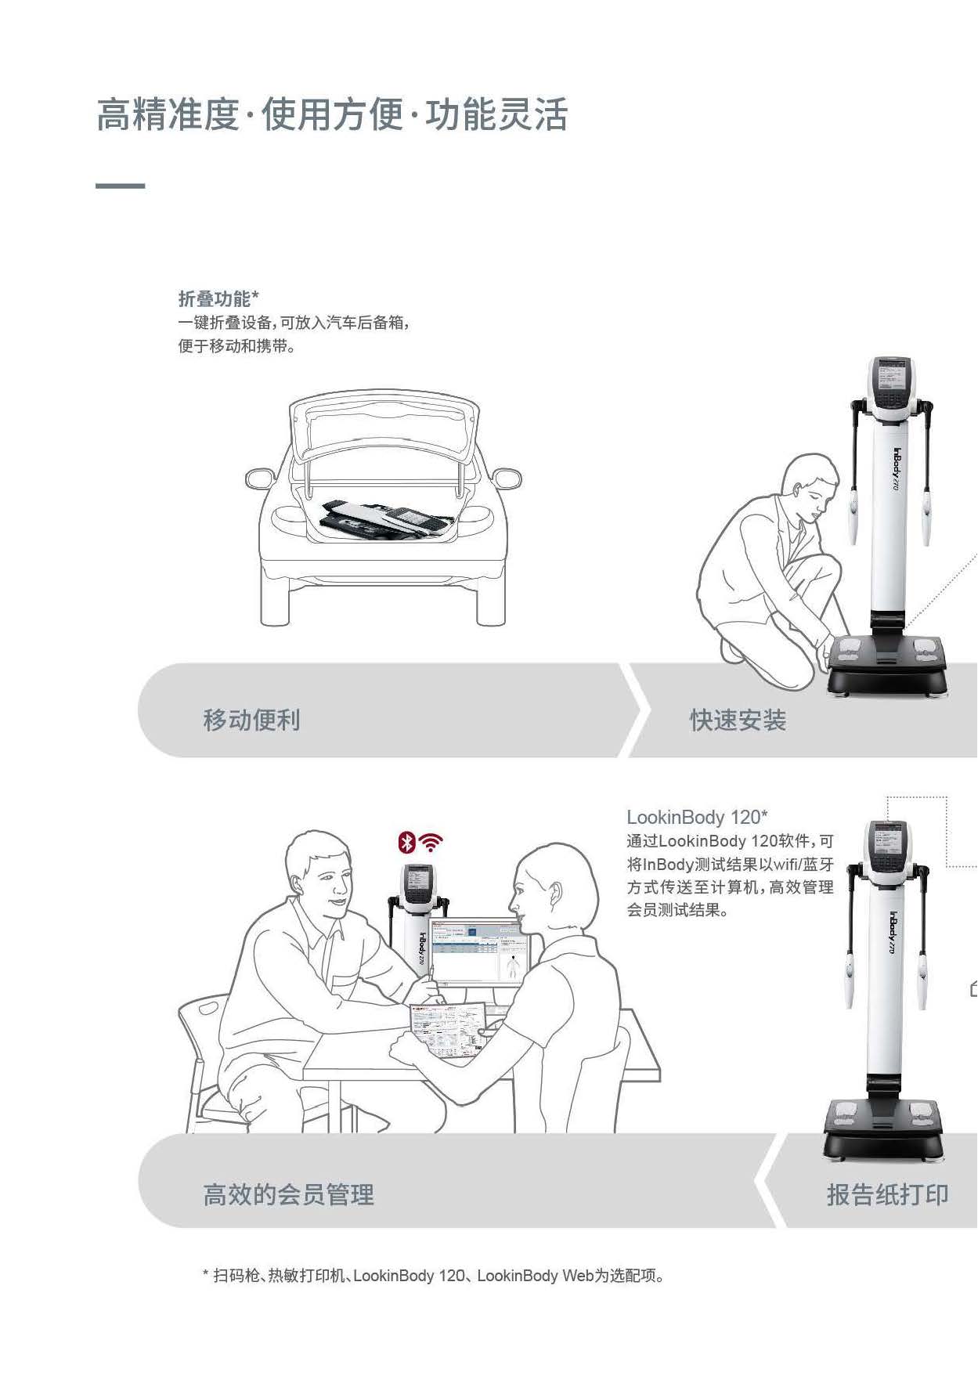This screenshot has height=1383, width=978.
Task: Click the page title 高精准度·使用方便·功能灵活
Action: [332, 114]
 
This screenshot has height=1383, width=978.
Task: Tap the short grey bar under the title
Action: [120, 186]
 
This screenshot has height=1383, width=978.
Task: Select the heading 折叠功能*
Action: [218, 298]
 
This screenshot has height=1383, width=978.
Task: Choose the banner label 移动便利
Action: [251, 720]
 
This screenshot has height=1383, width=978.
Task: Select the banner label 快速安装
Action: [738, 720]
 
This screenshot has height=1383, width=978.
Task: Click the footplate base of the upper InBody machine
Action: [889, 666]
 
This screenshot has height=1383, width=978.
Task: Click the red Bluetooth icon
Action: [406, 843]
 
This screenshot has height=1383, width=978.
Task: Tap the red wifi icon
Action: [431, 843]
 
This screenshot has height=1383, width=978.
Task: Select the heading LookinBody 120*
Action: [697, 817]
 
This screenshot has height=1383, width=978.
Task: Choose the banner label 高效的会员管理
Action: [289, 1194]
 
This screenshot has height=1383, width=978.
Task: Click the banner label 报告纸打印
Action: [888, 1194]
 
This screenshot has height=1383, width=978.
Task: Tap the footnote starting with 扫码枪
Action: [434, 1276]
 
